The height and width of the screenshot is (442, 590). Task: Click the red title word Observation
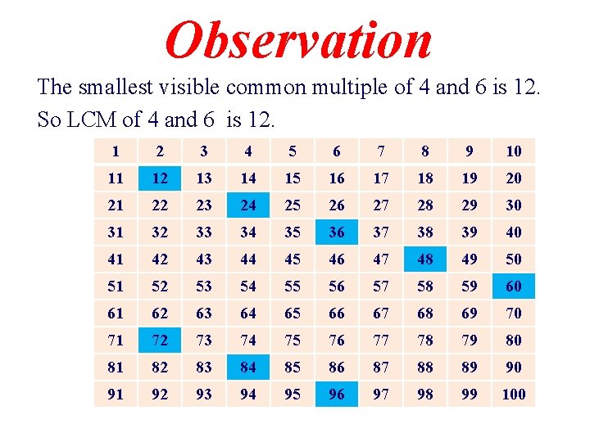point(298,40)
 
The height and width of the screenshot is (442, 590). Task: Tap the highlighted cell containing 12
point(160,178)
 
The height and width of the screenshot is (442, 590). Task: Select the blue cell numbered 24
point(248,205)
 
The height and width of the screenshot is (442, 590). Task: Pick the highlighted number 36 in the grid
point(337,232)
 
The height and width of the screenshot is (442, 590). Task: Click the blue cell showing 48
point(425,259)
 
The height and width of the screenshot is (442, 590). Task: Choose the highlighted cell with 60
point(514,286)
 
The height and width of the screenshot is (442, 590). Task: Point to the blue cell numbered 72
point(160,340)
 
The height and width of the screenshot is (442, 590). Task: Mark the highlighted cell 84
point(248,367)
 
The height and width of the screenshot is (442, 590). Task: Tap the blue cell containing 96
point(337,394)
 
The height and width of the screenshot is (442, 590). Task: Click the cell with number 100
point(514,394)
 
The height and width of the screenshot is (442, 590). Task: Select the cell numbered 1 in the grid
point(116,151)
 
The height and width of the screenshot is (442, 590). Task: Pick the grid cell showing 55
point(293,286)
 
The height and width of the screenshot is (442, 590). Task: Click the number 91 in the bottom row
point(116,394)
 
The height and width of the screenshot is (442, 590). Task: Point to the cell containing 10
point(514,151)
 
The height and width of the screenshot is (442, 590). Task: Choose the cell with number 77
point(381,340)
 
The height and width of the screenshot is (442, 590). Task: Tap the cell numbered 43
point(204,259)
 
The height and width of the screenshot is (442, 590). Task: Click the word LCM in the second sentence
point(93,120)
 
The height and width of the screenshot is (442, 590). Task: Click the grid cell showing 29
point(470,205)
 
